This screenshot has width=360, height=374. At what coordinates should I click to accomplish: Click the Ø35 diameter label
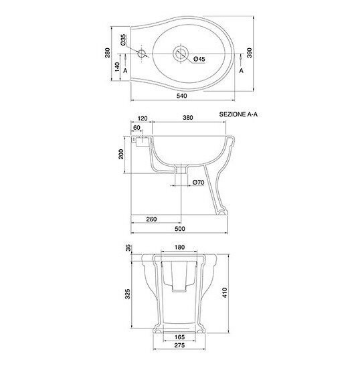click(123, 40)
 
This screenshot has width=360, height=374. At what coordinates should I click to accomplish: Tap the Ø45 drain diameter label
click(199, 59)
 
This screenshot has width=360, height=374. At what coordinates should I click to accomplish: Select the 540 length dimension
click(182, 96)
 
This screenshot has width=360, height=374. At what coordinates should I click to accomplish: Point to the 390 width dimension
click(250, 53)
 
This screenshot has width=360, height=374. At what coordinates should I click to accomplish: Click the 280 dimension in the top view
click(108, 53)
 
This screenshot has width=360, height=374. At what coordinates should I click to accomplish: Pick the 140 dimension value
click(117, 67)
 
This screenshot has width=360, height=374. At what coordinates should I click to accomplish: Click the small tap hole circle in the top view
click(141, 54)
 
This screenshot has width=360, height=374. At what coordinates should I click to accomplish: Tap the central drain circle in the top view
click(181, 54)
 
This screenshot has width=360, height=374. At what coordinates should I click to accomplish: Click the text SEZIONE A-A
click(238, 114)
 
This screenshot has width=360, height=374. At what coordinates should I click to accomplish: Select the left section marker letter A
click(126, 71)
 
